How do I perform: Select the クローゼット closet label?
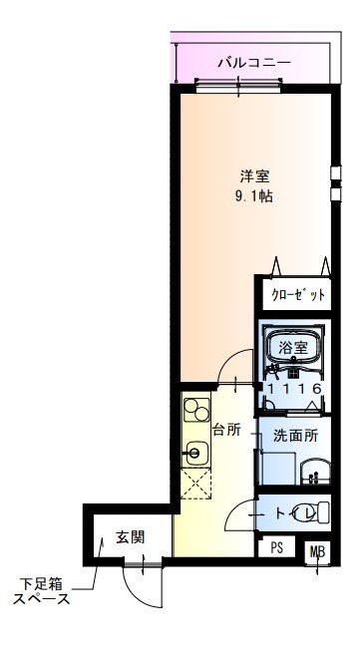297,296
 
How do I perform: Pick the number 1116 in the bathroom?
293,389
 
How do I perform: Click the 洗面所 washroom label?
295,435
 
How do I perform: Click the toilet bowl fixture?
312,513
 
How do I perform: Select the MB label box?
316,551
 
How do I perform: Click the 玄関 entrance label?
130,536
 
